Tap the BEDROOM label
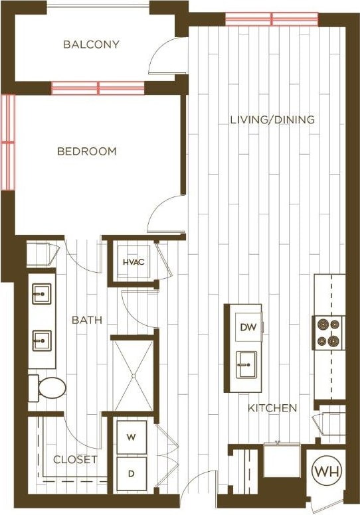point(86,151)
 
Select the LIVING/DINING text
point(272,120)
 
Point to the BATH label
point(87,320)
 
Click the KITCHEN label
point(272,408)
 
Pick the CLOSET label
point(75,459)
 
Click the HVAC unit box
point(134,261)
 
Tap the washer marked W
point(131,437)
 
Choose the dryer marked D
point(131,473)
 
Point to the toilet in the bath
point(47,388)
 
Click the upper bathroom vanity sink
point(42,292)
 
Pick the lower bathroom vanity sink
point(42,341)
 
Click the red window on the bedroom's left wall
point(7,141)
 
